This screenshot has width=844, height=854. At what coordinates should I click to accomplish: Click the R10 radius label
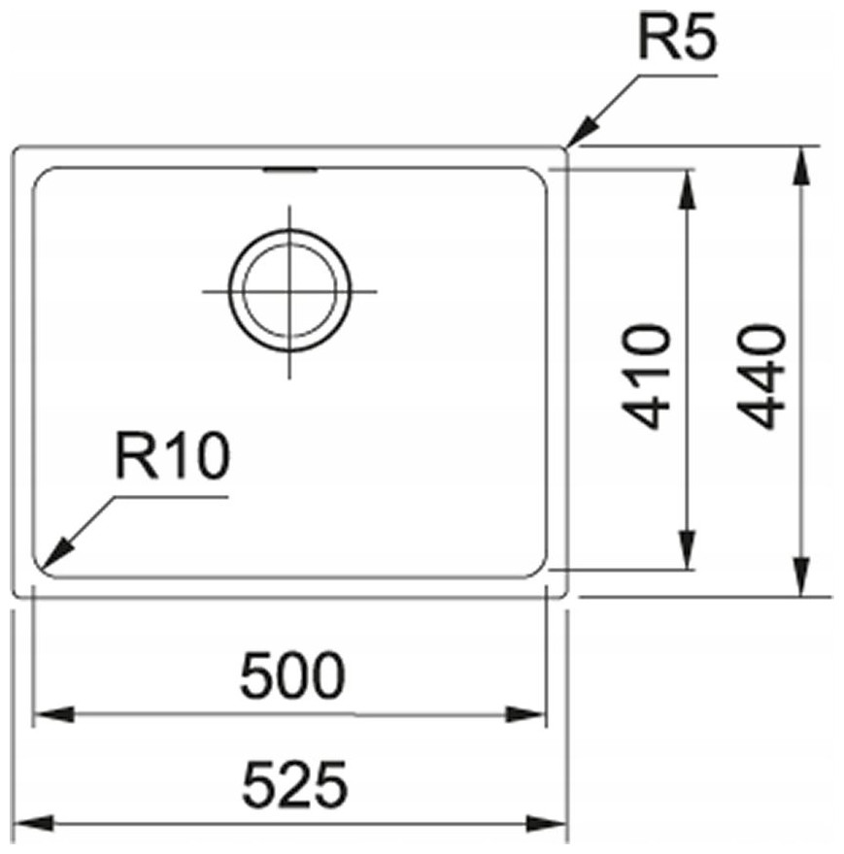point(172,456)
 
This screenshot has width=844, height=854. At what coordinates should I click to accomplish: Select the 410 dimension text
point(647,376)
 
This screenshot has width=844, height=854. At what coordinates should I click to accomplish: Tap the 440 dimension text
point(762,376)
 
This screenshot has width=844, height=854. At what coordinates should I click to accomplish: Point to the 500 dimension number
point(292,675)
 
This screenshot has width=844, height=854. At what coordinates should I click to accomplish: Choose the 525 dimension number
point(294,784)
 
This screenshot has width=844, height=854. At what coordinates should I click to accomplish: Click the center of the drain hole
point(289,291)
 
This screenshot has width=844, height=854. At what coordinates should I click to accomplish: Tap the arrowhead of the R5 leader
point(582,132)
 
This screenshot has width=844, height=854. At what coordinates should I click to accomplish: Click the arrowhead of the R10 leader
point(55,554)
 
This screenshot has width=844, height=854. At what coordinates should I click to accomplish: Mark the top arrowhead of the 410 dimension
point(687,189)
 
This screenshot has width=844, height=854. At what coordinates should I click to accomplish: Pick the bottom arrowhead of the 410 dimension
point(687,549)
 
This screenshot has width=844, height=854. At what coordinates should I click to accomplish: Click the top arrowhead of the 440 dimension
point(801,166)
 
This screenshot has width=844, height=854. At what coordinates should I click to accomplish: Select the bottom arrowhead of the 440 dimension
point(801,576)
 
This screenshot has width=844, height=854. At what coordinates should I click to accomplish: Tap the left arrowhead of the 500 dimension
point(53,714)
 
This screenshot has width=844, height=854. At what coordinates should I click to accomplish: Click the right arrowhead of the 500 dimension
point(525,714)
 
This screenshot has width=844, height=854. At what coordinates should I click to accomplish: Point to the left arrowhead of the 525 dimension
point(33,823)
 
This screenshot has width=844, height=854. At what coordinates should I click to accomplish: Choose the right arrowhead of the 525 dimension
point(547,823)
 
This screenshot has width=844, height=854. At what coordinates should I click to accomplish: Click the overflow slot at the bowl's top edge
point(290,171)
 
